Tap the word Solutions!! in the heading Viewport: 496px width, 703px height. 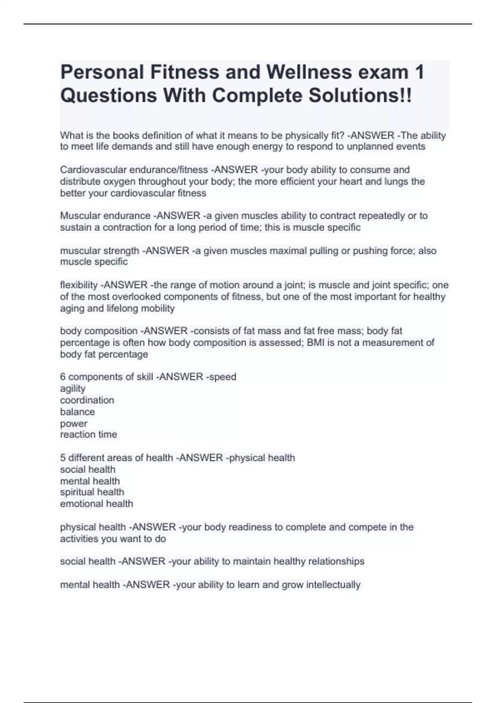360,96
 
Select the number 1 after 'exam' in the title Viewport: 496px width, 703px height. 419,72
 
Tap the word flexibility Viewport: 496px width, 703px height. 79,285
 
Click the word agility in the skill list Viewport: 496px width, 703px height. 73,389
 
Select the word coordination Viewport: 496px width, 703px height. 87,400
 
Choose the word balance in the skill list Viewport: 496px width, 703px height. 77,412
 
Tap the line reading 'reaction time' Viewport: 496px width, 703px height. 88,435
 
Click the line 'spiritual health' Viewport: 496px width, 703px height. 92,492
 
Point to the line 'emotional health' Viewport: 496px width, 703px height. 96,504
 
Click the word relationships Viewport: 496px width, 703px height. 336,562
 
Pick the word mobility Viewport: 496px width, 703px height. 158,308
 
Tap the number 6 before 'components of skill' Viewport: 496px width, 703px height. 63,377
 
